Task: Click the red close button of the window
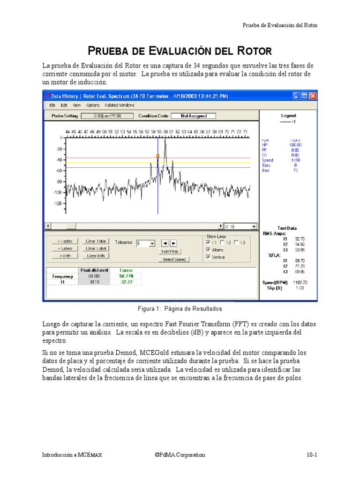coord(313,96)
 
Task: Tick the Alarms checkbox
coord(208,250)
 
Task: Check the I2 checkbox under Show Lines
coord(222,242)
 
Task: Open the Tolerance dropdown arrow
coord(152,243)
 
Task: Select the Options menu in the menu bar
coord(93,105)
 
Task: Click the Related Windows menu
coord(119,105)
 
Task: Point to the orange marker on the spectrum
coord(157,156)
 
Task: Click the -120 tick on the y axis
coord(58,203)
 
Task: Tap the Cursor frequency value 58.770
coord(127,277)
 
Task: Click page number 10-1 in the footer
coord(312,455)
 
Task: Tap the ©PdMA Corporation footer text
coord(180,455)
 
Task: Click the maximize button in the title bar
coord(304,96)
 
